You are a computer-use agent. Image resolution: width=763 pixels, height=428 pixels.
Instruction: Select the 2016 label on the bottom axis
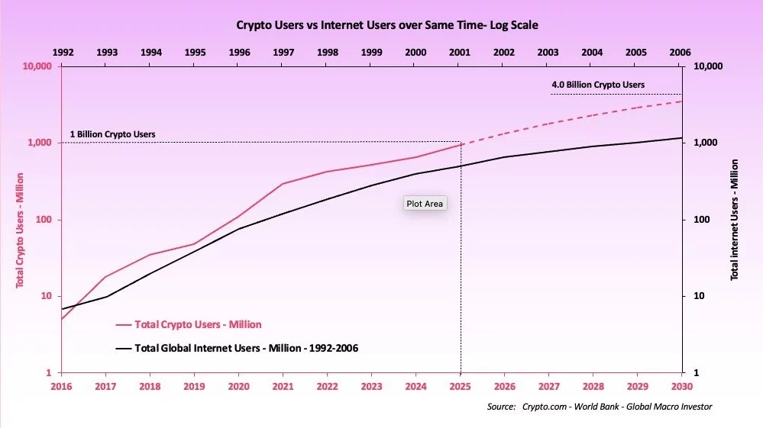(x=62, y=387)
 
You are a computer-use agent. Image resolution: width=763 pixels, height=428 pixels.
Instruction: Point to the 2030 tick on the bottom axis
(x=681, y=387)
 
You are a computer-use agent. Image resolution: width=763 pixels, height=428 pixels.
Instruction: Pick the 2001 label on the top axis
(x=460, y=52)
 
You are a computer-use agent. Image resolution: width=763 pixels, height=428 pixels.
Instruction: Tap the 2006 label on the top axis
(x=679, y=52)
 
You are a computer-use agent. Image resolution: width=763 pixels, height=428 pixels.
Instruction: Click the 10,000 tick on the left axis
(x=37, y=66)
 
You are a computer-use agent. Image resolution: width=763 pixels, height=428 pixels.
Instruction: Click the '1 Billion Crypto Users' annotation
(x=112, y=134)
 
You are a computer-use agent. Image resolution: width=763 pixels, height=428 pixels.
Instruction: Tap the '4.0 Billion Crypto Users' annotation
(x=597, y=85)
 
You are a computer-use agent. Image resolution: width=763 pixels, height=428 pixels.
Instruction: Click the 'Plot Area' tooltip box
(x=425, y=204)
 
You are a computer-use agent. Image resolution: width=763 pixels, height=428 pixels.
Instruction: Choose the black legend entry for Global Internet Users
(x=236, y=348)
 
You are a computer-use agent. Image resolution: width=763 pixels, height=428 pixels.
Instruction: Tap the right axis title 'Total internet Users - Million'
(x=735, y=220)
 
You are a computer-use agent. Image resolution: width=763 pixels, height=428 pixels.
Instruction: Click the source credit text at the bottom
(x=599, y=407)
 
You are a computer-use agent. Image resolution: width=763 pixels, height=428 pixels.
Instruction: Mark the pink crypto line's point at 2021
(x=283, y=184)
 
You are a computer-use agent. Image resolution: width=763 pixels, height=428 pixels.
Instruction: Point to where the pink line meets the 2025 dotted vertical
(x=461, y=144)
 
